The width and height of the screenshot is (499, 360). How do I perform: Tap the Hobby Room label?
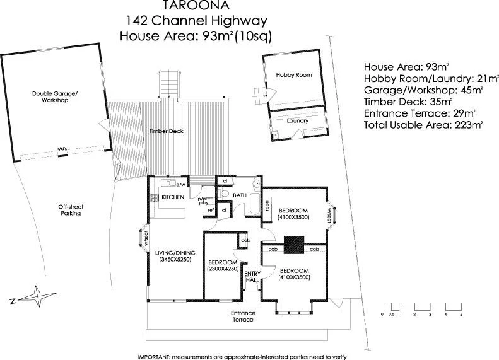pos(294,75)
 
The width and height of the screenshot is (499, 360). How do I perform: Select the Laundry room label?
pos(297,120)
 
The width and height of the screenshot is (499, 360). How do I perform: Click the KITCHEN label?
pos(172,197)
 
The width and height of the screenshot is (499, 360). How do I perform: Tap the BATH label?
pos(240,196)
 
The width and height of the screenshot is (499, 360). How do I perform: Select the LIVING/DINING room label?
pos(173,255)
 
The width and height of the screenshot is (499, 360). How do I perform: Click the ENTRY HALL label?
pos(252,276)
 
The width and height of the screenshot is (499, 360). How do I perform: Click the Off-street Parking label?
pos(71,210)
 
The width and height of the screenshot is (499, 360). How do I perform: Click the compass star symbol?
pos(37,295)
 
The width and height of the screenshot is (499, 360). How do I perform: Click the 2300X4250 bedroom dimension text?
pos(222,269)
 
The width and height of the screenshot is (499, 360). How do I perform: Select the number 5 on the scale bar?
pos(461,313)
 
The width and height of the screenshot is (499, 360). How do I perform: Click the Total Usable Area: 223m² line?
pos(423,125)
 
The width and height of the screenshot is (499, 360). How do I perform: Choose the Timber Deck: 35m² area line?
pos(408,101)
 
